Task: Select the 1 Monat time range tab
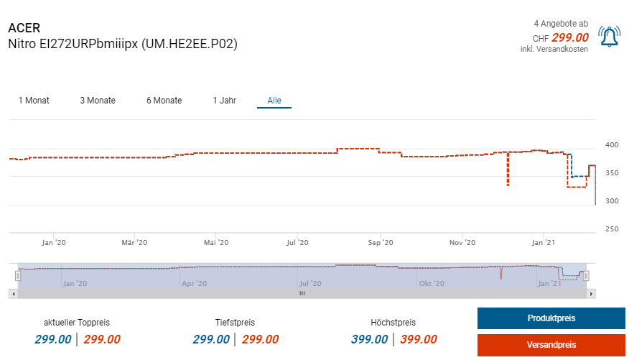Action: coord(34,101)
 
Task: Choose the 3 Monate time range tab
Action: coord(98,101)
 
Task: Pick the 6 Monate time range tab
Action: coord(164,101)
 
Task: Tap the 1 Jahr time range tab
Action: coord(224,101)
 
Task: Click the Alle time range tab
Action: coord(274,101)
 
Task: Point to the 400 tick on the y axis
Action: coord(612,145)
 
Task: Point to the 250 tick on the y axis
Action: coord(612,229)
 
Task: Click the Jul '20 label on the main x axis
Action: coord(298,243)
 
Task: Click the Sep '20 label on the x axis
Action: coord(381,243)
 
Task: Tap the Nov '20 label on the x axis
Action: coord(463,243)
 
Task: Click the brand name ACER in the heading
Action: coord(24,28)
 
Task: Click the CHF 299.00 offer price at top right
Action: coord(561,37)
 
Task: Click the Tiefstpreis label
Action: coord(235,323)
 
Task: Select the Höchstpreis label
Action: coord(393,323)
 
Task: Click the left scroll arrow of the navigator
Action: coord(12,293)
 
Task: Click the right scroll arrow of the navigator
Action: coord(592,293)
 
